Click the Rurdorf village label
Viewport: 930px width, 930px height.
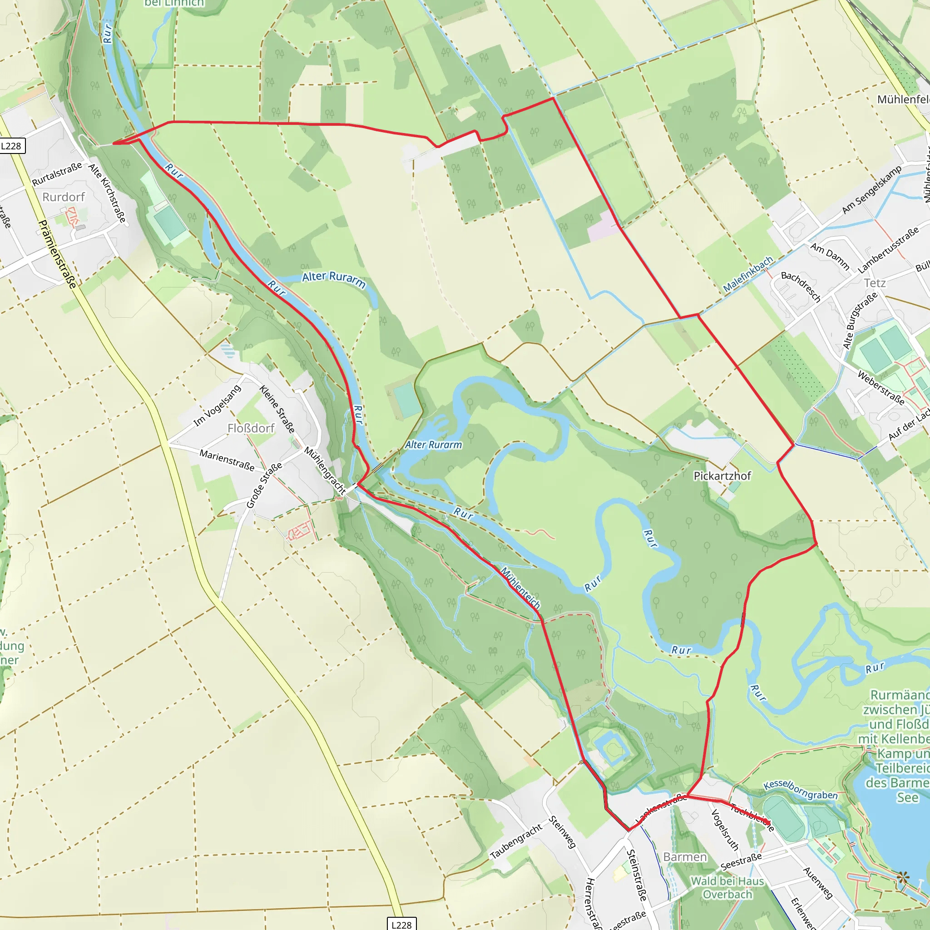(63, 197)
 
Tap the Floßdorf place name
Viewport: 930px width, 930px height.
(251, 428)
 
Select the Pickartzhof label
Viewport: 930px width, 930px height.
(722, 475)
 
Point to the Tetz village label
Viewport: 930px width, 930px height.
(875, 283)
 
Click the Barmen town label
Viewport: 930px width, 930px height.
(685, 857)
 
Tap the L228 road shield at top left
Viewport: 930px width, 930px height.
(11, 146)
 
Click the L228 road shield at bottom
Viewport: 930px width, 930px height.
(401, 924)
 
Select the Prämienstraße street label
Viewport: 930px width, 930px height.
(57, 254)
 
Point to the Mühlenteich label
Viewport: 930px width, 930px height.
(520, 588)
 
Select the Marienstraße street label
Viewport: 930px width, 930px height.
(227, 460)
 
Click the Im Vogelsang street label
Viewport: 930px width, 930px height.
(217, 406)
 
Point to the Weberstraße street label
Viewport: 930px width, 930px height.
(881, 387)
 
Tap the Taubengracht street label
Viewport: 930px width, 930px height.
(516, 841)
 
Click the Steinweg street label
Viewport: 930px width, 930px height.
(562, 832)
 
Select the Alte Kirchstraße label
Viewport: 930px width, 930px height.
(107, 193)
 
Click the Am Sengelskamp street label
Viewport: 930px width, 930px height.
(871, 190)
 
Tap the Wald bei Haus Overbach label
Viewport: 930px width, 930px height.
(727, 887)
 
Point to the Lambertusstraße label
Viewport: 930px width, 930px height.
(888, 251)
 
